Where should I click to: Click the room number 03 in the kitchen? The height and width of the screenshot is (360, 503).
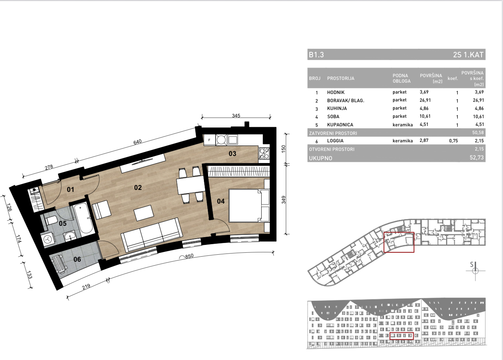pyautogui.click(x=232, y=154)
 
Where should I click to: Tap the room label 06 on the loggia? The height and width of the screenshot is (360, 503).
pyautogui.click(x=77, y=259)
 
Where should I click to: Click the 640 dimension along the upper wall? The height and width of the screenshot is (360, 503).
pyautogui.click(x=137, y=142)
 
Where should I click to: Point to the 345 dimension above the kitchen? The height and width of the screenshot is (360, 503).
pyautogui.click(x=236, y=115)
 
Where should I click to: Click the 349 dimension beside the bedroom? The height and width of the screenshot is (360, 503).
pyautogui.click(x=283, y=200)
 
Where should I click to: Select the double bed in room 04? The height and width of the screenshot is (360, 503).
pyautogui.click(x=249, y=206)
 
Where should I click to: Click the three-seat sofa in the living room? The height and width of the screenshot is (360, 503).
pyautogui.click(x=152, y=235)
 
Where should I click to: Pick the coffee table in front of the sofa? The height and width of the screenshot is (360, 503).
pyautogui.click(x=144, y=213)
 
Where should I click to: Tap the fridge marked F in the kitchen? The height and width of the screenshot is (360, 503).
pyautogui.click(x=209, y=140)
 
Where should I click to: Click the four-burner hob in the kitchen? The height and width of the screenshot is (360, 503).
pyautogui.click(x=264, y=153)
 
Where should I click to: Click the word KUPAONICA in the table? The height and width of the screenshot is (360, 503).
pyautogui.click(x=340, y=125)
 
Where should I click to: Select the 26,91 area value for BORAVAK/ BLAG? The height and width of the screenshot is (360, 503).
pyautogui.click(x=425, y=100)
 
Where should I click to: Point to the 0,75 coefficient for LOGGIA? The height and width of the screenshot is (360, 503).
pyautogui.click(x=453, y=141)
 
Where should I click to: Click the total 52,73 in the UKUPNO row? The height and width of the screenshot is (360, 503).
pyautogui.click(x=476, y=158)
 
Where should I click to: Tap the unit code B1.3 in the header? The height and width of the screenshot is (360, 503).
pyautogui.click(x=316, y=55)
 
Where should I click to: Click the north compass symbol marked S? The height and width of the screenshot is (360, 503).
pyautogui.click(x=475, y=271)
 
